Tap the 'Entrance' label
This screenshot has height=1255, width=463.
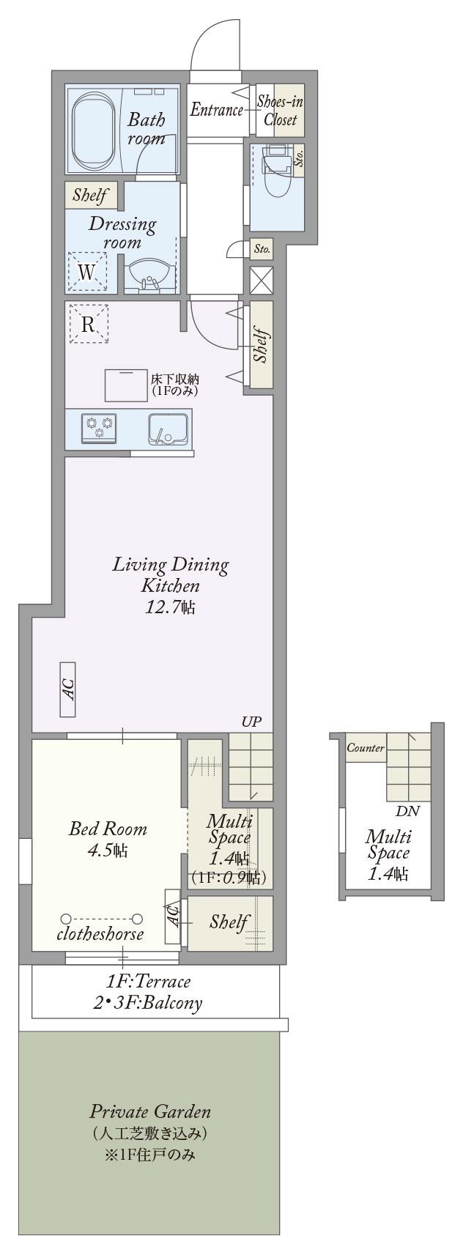coord(216,109)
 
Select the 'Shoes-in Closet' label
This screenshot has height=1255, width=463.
coord(281,111)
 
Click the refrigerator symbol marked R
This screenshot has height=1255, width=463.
coord(88,323)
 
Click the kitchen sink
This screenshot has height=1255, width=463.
coord(168,429)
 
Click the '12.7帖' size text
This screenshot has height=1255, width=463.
coord(170,607)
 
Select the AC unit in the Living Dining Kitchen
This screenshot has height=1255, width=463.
coord(68,689)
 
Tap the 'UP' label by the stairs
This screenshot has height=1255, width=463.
coord(252,722)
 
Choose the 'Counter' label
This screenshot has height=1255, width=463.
coord(366,748)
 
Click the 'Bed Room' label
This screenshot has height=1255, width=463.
coord(108,829)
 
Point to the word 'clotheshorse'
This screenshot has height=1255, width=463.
coord(100,934)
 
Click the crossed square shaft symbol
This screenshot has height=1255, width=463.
coord(262,280)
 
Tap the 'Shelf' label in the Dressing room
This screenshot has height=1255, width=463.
coord(89,195)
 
